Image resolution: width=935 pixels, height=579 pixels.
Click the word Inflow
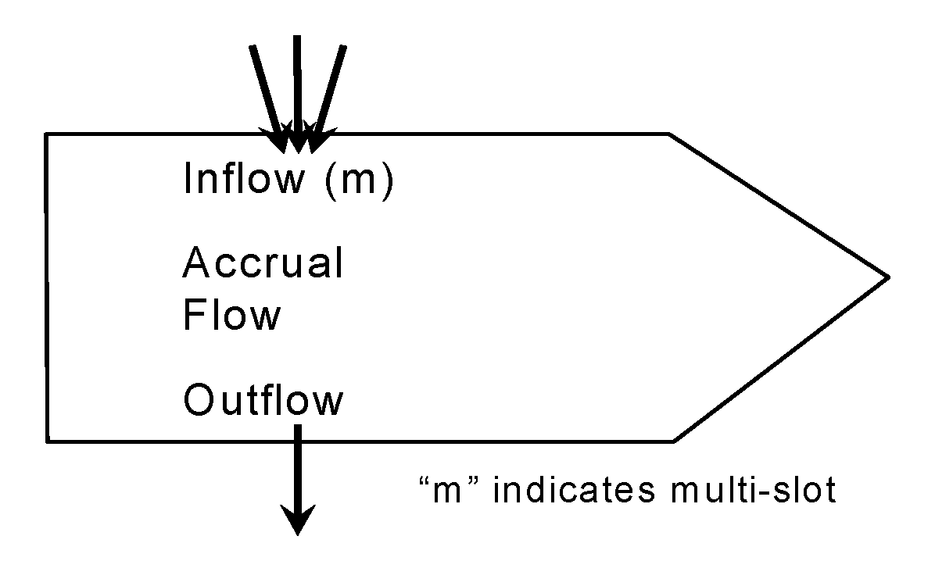pyautogui.click(x=243, y=179)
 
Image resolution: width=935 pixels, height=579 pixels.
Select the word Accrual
pyautogui.click(x=263, y=263)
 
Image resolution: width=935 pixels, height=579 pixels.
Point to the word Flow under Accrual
pyautogui.click(x=231, y=315)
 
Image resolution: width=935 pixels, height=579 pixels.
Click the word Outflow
pyautogui.click(x=263, y=400)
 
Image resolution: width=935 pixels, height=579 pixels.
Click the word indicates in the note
pyautogui.click(x=575, y=491)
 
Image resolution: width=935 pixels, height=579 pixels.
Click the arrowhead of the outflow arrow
pyautogui.click(x=298, y=520)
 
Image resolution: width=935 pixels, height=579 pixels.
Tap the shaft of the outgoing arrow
pyautogui.click(x=298, y=469)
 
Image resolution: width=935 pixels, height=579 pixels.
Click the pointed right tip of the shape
pyautogui.click(x=887, y=276)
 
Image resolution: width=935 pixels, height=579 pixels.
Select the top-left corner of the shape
pyautogui.click(x=47, y=134)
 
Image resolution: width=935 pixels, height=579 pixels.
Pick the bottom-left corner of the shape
pyautogui.click(x=48, y=441)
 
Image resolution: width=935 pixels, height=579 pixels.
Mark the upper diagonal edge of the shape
pyautogui.click(x=779, y=205)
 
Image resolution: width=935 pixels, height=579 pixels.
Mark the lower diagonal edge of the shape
pyautogui.click(x=780, y=359)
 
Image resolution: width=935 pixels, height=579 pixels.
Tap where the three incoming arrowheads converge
pyautogui.click(x=298, y=143)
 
